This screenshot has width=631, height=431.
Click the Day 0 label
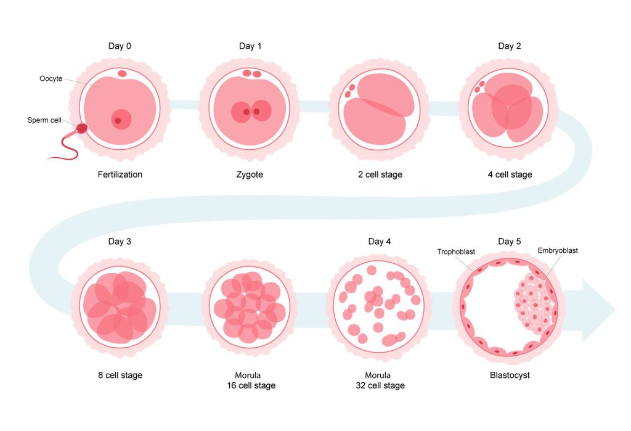tap(120, 46)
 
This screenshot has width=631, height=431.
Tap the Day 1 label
tap(250, 46)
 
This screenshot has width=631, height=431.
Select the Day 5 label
tap(509, 241)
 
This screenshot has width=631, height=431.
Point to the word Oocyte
tap(51, 78)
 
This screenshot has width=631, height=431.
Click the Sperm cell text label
tap(44, 120)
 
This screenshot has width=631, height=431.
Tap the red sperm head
tap(82, 128)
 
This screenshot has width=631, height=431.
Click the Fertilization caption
tap(120, 174)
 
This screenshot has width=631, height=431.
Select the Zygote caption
tap(250, 175)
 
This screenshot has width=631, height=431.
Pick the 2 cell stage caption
tap(380, 175)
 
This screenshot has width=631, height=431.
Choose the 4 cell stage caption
tap(510, 175)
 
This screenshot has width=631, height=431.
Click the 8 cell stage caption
tap(120, 376)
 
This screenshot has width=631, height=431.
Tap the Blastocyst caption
tap(510, 376)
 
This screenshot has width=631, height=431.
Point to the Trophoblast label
tap(456, 252)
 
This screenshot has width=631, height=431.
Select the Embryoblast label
tap(557, 250)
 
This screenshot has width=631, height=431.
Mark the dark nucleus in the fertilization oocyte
tap(118, 121)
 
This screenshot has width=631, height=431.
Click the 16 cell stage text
tap(251, 385)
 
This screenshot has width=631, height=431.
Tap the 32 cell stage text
tap(380, 385)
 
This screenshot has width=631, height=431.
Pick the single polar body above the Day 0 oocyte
tap(121, 74)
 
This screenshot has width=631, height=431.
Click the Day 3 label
tap(120, 241)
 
